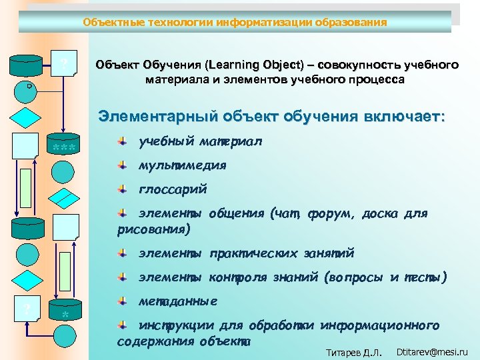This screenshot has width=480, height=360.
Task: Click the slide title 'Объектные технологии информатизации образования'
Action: point(235,23)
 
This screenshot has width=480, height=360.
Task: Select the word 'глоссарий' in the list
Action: point(173,189)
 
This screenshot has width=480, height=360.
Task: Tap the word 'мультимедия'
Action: point(182,165)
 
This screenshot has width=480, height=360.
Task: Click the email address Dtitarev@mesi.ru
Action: point(432,351)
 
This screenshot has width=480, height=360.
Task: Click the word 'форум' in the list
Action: point(331,214)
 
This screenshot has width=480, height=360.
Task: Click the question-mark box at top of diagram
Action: point(65,65)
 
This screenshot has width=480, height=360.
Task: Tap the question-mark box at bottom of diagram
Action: point(27,309)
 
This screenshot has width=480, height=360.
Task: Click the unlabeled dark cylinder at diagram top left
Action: point(27,65)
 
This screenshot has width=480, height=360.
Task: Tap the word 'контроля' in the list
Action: point(239,277)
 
